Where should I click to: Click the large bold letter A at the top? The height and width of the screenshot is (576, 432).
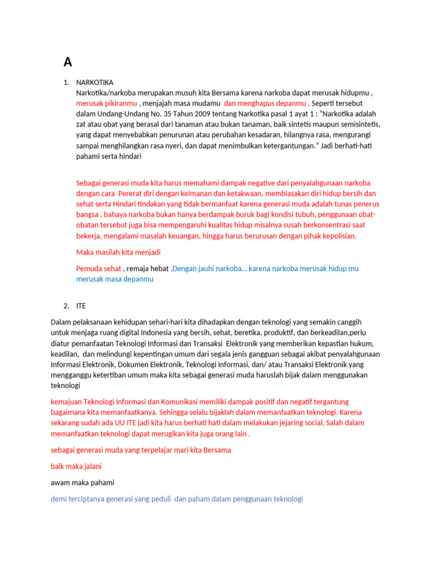point(67,62)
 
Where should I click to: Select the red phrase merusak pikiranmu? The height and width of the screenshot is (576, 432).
point(107,103)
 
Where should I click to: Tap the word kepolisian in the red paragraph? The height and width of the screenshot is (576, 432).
point(337,236)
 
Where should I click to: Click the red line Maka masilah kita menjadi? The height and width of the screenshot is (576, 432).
point(118,252)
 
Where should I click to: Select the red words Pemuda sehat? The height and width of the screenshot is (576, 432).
point(98,268)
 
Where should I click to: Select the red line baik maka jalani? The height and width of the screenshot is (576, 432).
point(76,466)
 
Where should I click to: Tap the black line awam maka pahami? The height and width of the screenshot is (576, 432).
point(82,483)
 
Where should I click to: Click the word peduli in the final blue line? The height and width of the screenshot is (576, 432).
point(161,499)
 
